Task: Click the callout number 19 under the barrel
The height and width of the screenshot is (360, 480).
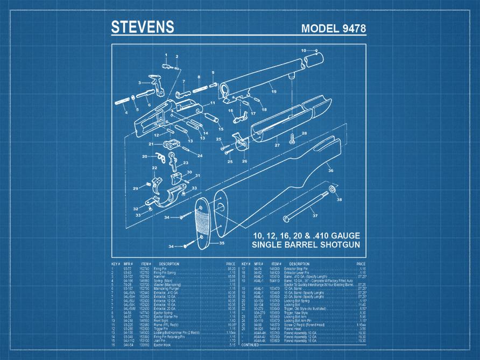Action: (274, 92)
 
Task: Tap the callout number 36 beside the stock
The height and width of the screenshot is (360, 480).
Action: (330, 171)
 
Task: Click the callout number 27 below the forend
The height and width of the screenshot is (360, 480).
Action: (277, 145)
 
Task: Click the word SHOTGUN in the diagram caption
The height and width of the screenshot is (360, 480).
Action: (336, 245)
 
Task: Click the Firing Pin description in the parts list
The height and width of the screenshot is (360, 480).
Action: (161, 269)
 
